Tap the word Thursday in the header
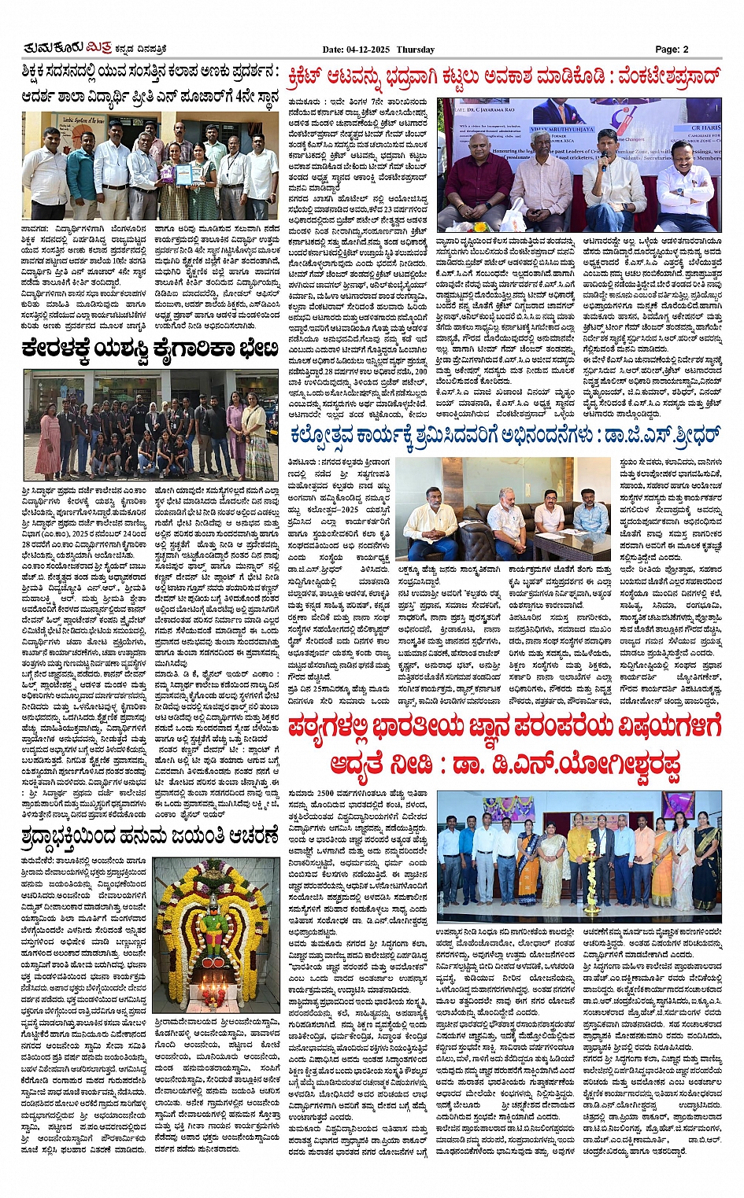415,50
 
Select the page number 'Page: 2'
672,50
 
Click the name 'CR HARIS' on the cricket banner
705,127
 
